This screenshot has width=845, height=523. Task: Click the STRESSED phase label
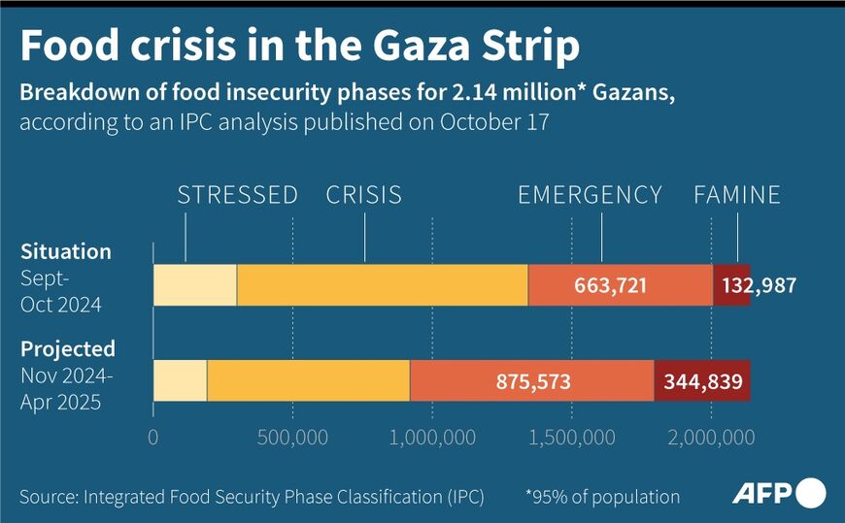pyautogui.click(x=237, y=195)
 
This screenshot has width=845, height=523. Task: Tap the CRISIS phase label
pyautogui.click(x=364, y=195)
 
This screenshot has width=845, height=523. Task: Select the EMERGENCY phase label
pyautogui.click(x=590, y=195)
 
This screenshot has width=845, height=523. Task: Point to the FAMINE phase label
pyautogui.click(x=736, y=195)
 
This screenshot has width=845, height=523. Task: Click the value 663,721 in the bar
pyautogui.click(x=619, y=285)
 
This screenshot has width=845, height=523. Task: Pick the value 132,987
pyautogui.click(x=756, y=285)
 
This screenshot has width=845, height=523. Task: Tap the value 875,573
pyautogui.click(x=532, y=381)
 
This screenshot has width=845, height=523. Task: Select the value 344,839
pyautogui.click(x=701, y=381)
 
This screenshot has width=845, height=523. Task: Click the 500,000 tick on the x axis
pyautogui.click(x=292, y=437)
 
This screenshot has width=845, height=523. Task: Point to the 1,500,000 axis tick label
pyautogui.click(x=571, y=437)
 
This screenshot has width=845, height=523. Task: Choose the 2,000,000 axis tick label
pyautogui.click(x=711, y=437)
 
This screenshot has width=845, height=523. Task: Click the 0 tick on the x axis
pyautogui.click(x=153, y=437)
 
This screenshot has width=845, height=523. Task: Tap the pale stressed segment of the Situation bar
pyautogui.click(x=194, y=285)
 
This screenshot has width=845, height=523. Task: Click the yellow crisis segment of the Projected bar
pyautogui.click(x=308, y=381)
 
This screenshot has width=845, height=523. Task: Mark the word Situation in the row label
pyautogui.click(x=66, y=252)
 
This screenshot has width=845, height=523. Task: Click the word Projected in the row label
pyautogui.click(x=68, y=348)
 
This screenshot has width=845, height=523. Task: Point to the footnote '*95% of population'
pyautogui.click(x=602, y=497)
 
